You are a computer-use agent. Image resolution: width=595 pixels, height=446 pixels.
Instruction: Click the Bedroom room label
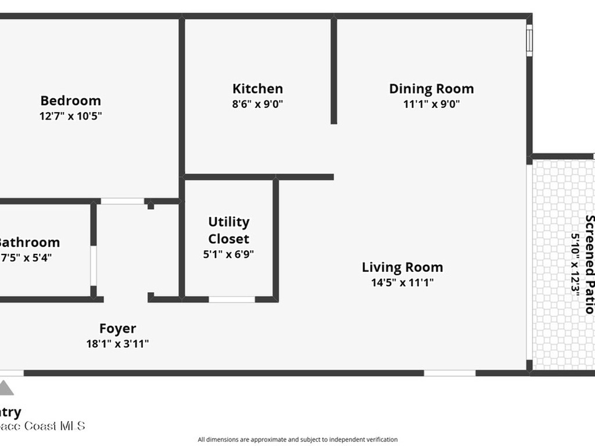(70, 100)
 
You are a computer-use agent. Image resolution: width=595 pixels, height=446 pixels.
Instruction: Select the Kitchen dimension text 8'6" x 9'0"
(257, 105)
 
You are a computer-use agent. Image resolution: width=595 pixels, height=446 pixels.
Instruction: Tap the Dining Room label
(431, 89)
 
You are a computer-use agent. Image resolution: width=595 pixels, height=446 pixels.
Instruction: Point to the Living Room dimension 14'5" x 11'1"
(403, 283)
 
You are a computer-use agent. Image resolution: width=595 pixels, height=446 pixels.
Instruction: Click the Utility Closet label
(229, 230)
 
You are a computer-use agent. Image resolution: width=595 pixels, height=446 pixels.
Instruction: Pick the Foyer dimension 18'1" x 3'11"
(117, 344)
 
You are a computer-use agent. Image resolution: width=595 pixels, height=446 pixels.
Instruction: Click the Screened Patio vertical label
(589, 264)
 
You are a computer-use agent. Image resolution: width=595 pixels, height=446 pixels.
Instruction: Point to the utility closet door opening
(232, 300)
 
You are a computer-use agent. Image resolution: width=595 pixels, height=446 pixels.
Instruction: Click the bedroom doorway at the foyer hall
(123, 202)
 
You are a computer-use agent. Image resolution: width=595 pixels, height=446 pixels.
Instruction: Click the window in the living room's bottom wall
(450, 373)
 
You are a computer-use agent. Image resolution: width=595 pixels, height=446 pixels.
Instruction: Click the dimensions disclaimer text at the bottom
(297, 440)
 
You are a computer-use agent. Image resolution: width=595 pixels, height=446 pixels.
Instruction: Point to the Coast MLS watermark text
(43, 426)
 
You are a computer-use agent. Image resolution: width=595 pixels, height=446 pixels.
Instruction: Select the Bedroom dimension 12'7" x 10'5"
(70, 116)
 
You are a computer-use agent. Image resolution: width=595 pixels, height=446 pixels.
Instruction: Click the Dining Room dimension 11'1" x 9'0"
(431, 105)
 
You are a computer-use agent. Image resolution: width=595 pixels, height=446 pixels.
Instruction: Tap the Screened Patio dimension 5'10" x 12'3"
(576, 265)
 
